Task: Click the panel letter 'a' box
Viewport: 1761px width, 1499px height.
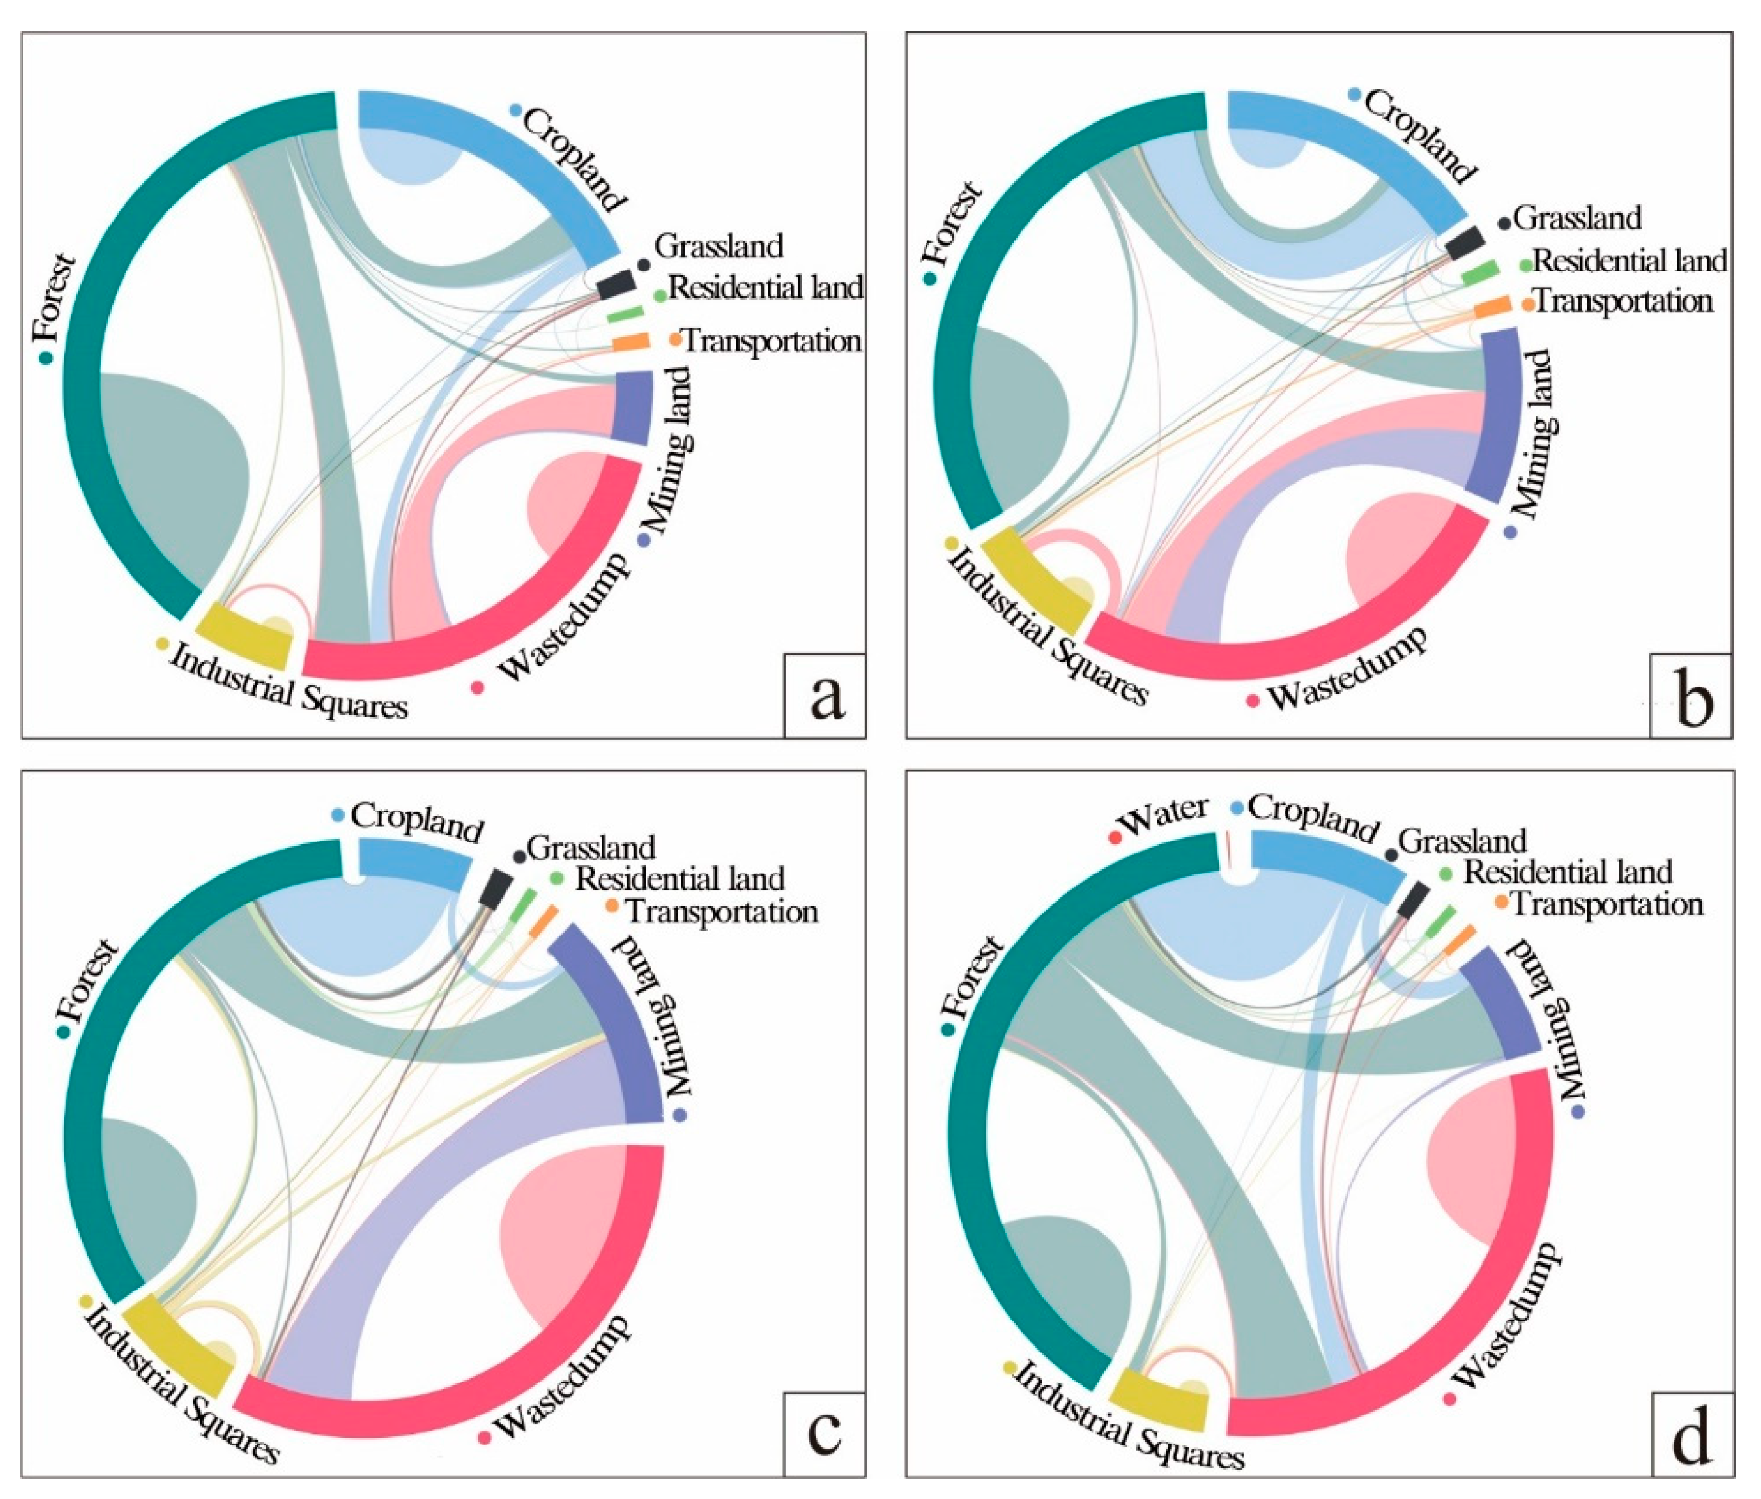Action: [824, 695]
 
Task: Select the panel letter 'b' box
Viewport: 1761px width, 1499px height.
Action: [1691, 695]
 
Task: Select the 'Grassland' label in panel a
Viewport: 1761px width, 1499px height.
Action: [718, 247]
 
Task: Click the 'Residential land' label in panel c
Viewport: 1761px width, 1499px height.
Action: [679, 878]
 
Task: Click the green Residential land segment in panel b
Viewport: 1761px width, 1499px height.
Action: [1480, 273]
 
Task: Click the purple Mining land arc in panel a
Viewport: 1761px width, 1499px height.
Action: [631, 408]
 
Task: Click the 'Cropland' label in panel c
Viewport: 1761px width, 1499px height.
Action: [416, 820]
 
